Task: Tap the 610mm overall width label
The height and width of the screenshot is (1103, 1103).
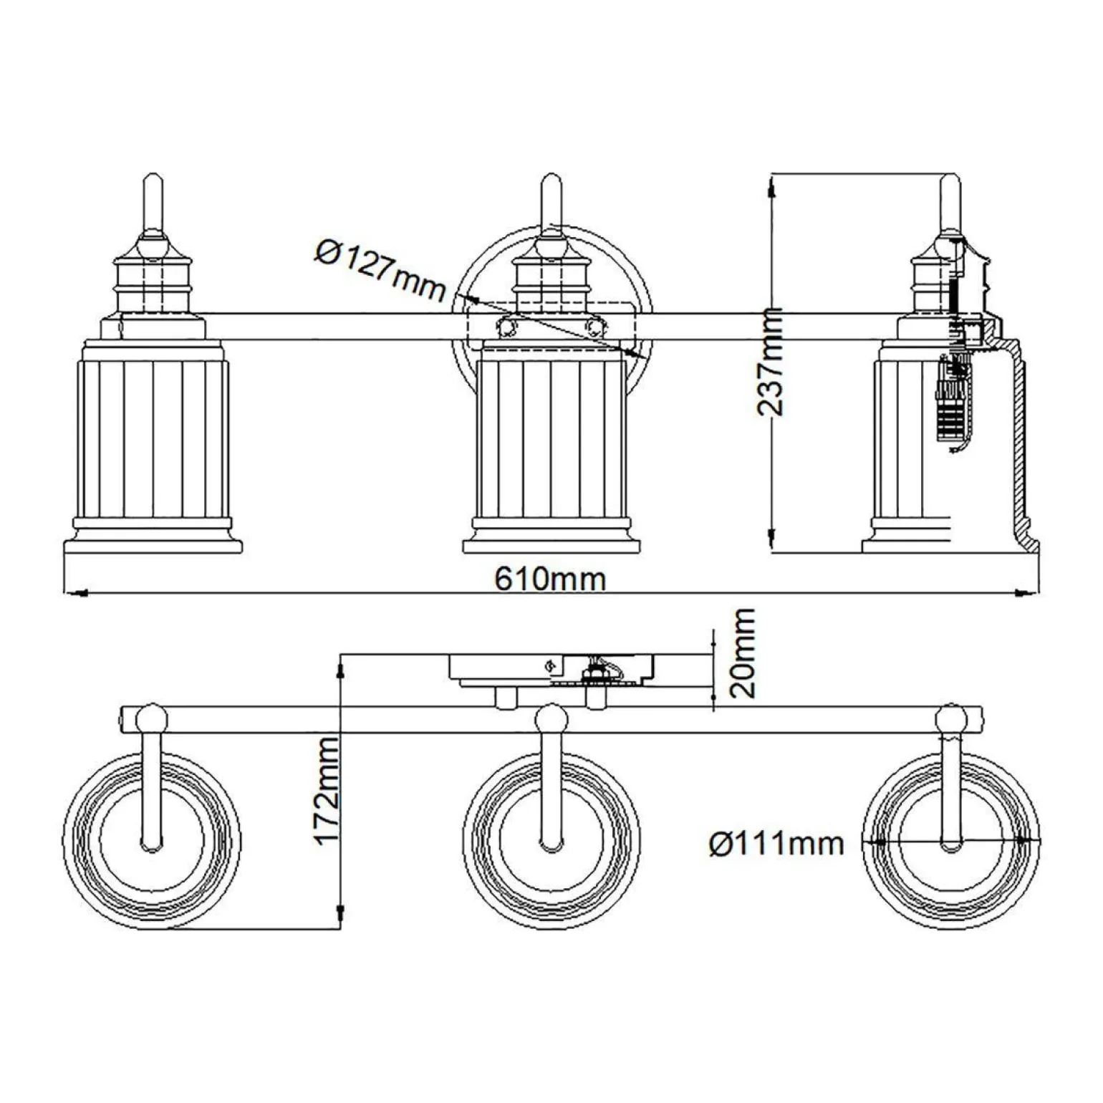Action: pos(550,579)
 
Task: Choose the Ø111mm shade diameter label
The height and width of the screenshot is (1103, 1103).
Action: pos(776,844)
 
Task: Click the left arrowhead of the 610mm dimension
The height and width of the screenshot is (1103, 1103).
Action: pos(75,593)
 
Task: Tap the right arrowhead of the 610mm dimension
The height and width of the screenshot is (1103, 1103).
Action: pos(1027,593)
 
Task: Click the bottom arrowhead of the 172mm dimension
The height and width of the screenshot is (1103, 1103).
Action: pos(340,916)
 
